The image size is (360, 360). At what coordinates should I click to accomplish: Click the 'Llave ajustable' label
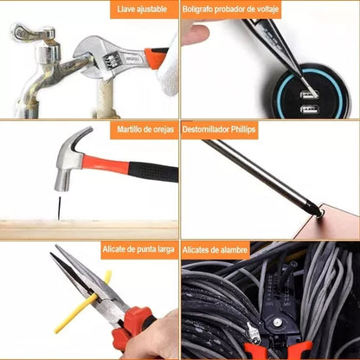tap(142, 9)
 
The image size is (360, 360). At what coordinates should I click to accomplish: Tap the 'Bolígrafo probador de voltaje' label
tap(230, 10)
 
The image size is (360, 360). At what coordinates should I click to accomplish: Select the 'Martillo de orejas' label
tap(145, 129)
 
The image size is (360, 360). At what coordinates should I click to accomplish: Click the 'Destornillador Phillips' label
tap(219, 129)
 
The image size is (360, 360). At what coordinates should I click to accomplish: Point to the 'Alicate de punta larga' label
tap(138, 249)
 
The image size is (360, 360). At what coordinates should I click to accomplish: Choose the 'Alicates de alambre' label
tap(215, 249)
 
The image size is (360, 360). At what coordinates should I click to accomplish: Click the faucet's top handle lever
tap(32, 32)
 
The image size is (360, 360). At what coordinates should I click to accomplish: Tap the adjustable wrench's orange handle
tap(155, 57)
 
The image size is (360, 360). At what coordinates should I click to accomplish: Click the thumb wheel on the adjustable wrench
tap(110, 61)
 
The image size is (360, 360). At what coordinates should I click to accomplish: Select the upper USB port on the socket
tap(309, 94)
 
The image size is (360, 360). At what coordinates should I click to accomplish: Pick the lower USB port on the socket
tap(309, 109)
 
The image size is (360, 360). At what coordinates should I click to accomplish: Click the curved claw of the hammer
tap(80, 137)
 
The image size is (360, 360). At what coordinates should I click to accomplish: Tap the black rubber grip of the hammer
tap(153, 172)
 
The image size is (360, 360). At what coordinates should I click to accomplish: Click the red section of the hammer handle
tap(105, 164)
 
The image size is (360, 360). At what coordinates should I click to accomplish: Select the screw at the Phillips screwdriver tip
tap(318, 214)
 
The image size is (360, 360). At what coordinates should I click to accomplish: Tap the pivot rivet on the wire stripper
tap(277, 322)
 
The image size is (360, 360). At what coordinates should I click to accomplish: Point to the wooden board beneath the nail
tap(89, 229)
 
